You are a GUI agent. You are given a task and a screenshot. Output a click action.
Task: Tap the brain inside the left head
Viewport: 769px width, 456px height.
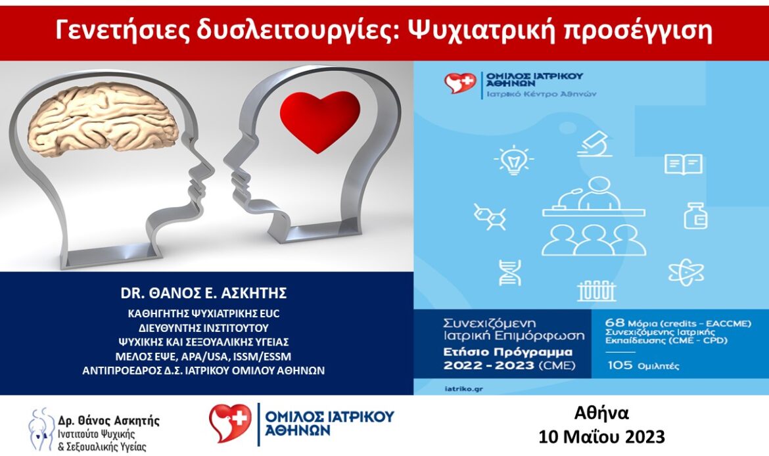point(99,120)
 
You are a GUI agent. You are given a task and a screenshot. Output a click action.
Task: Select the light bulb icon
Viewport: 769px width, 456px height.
point(513,159)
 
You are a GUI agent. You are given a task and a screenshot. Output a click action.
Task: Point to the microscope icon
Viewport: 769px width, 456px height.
point(595,144)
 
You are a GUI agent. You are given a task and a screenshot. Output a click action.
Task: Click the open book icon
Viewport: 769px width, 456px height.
point(683,164)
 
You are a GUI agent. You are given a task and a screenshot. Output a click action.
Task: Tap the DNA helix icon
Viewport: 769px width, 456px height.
point(510,273)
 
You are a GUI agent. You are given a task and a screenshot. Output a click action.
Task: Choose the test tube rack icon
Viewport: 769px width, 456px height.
point(596,291)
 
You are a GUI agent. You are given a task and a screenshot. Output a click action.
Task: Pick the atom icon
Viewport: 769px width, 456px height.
point(686,273)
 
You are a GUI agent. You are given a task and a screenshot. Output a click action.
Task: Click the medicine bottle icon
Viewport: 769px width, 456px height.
point(695,216)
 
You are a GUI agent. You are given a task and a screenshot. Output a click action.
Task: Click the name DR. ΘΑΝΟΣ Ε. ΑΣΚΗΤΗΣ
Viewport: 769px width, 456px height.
point(204,293)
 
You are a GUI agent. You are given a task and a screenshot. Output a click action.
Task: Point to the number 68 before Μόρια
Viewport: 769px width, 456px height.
point(615,323)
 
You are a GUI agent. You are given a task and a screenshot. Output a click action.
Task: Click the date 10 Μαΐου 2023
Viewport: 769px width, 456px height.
point(601,436)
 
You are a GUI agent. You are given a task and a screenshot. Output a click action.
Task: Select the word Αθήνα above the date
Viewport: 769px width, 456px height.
point(601,413)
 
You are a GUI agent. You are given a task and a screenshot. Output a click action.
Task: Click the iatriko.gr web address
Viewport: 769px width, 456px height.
point(463,389)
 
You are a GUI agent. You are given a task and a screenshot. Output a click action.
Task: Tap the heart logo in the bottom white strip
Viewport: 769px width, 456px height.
point(230,423)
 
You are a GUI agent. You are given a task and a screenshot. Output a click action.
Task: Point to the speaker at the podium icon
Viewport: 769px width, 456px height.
point(594,196)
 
